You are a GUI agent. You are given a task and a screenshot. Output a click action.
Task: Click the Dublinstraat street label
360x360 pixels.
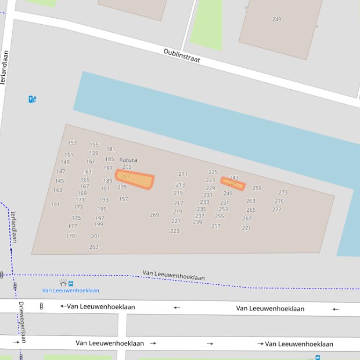pyautogui.click(x=182, y=55)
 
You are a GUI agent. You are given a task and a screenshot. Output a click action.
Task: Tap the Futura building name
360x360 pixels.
pyautogui.click(x=128, y=160)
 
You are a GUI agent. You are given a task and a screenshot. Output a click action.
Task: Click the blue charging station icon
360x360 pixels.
pyautogui.click(x=32, y=99)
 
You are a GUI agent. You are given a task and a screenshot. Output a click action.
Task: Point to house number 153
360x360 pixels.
pyautogui.click(x=72, y=143)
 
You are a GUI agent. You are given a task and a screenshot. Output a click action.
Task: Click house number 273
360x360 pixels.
pyautogui.click(x=283, y=192)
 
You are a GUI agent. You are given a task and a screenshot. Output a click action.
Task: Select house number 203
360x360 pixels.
pyautogui.click(x=94, y=247)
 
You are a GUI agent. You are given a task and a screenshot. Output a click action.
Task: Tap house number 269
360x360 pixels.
pyautogui.click(x=154, y=215)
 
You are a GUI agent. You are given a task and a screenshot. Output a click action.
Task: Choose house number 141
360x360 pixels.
pyautogui.click(x=55, y=204)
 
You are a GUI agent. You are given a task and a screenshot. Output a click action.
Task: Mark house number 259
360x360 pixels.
pyautogui.click(x=257, y=188)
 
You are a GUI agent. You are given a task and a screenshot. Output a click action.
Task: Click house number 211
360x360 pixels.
pyautogui.click(x=183, y=174)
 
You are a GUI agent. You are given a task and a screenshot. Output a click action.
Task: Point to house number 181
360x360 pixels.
pyautogui.click(x=110, y=149)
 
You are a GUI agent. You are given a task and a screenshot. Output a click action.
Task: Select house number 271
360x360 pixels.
pyautogui.click(x=246, y=228)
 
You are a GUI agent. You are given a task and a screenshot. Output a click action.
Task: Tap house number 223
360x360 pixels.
pyautogui.click(x=175, y=231)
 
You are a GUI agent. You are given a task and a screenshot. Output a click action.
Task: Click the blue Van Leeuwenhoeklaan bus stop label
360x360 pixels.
pyautogui.click(x=71, y=290)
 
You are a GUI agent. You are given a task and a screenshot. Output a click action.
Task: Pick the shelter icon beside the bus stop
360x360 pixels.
pyautogui.click(x=63, y=283)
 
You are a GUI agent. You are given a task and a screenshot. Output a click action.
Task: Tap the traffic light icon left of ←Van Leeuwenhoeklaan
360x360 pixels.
pyautogui.click(x=42, y=307)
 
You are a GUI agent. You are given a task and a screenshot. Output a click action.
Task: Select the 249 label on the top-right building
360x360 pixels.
pyautogui.click(x=277, y=19)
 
